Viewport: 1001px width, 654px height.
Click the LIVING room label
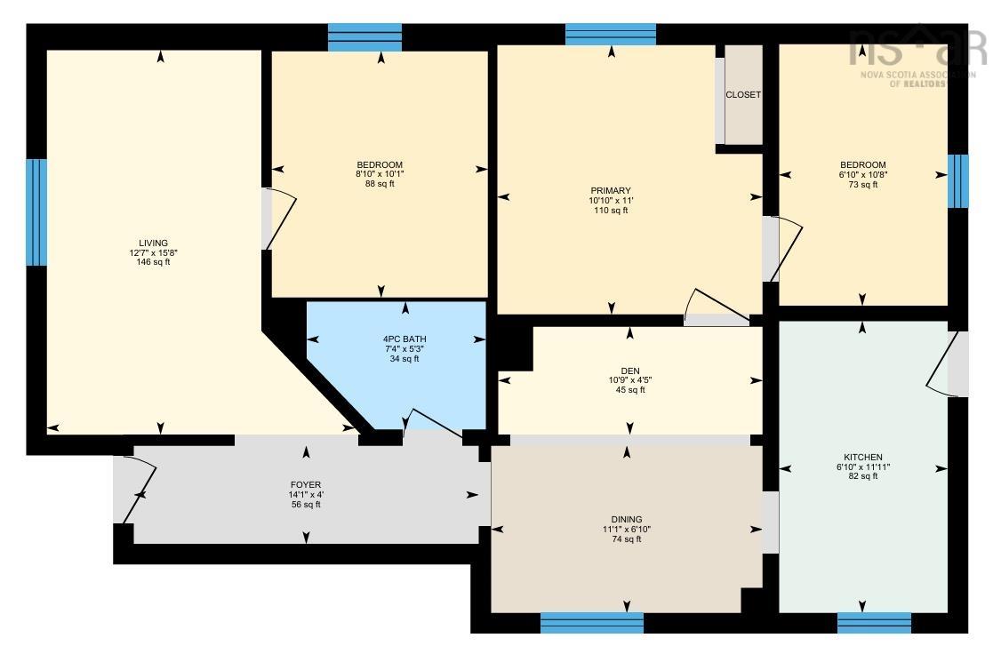153,243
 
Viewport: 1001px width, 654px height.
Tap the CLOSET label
743,94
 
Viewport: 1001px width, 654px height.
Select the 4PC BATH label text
404,339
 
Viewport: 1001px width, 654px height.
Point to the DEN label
630,371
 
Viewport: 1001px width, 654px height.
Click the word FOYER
306,485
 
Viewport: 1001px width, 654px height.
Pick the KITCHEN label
863,457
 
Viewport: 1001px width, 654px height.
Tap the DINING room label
626,519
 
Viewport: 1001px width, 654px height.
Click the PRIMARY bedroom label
611,190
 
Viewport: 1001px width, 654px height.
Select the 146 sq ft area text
153,261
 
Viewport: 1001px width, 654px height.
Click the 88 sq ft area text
380,184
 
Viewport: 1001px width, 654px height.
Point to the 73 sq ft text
863,185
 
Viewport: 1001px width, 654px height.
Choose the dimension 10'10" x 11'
611,200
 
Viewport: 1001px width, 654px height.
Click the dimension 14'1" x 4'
306,494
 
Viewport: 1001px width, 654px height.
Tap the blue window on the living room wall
36,211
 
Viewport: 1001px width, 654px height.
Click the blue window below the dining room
592,623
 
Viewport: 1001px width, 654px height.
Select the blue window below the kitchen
874,623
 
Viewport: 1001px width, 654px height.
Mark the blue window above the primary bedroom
611,35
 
